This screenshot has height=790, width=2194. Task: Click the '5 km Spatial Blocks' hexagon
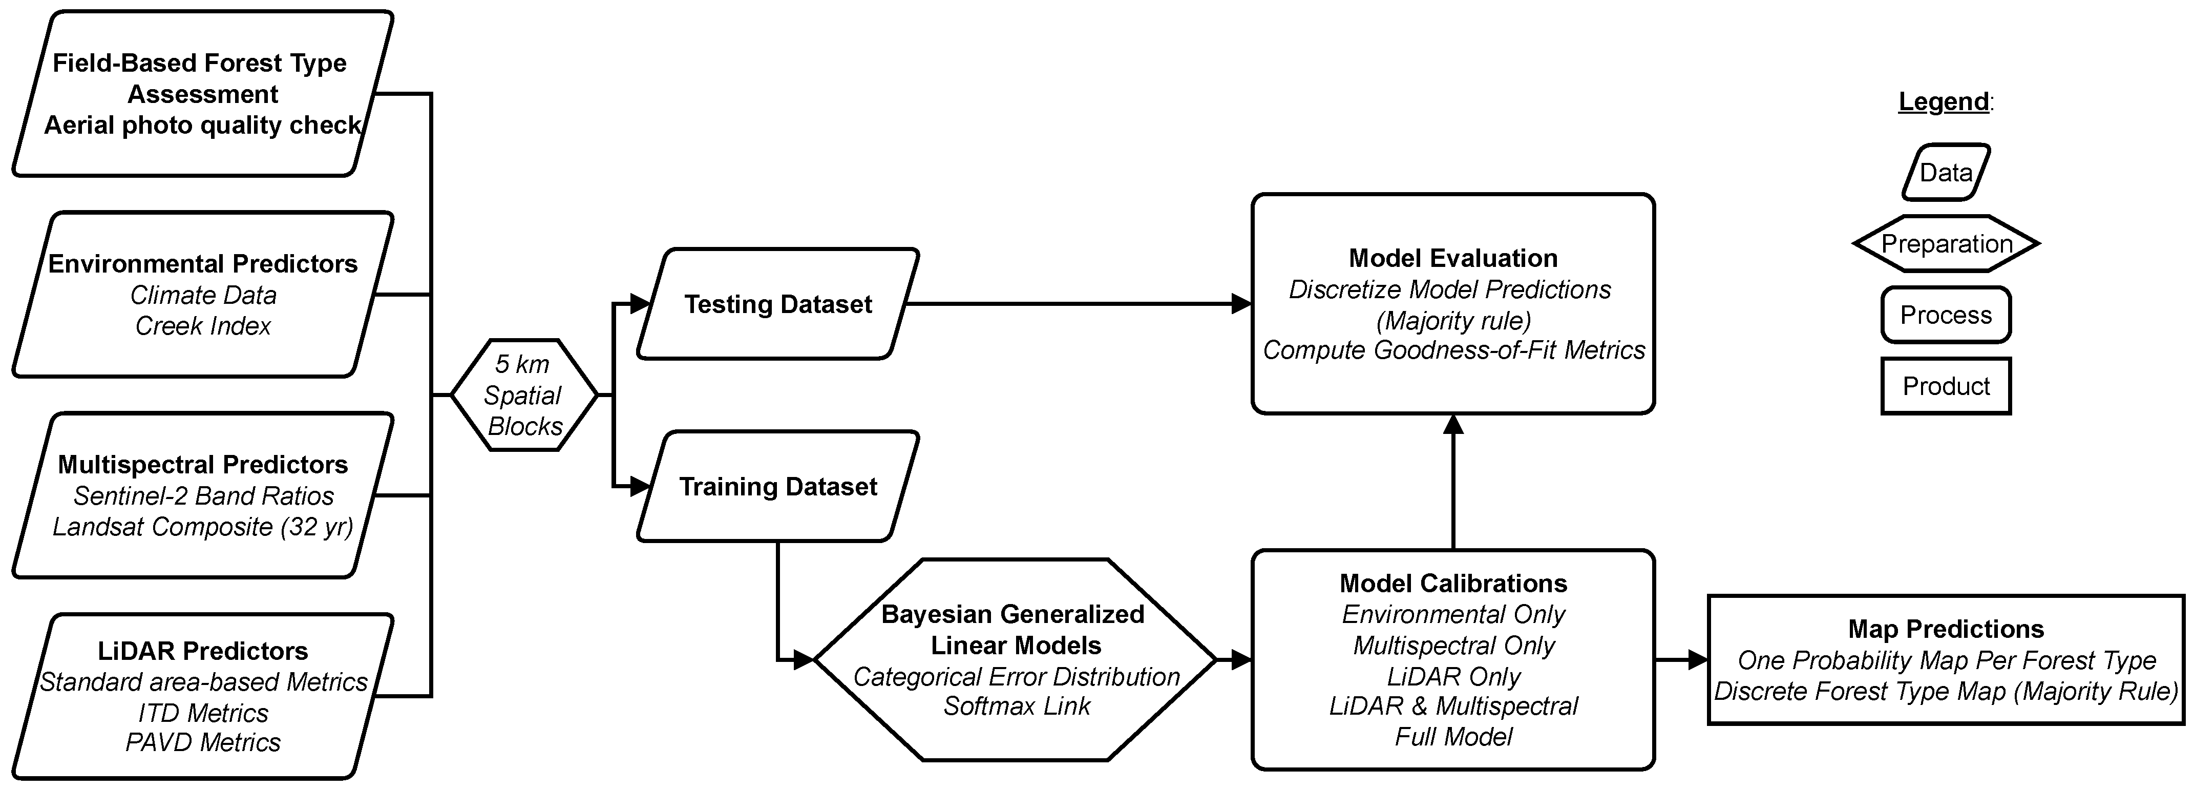point(523,394)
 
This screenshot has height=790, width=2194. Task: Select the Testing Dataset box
point(777,304)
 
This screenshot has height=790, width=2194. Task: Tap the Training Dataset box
point(777,487)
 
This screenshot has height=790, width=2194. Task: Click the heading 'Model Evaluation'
point(1453,258)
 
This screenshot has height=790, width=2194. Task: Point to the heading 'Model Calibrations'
point(1453,583)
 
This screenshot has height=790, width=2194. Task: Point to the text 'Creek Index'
point(203,325)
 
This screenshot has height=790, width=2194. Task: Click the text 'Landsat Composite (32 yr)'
point(203,527)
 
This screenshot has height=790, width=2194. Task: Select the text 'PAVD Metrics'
point(203,742)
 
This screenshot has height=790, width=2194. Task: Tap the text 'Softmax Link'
point(1016,705)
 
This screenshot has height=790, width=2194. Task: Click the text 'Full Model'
point(1453,736)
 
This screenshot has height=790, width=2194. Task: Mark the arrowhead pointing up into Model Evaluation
point(1453,424)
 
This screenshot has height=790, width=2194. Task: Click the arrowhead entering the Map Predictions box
point(1697,659)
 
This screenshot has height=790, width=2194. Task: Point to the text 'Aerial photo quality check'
point(203,126)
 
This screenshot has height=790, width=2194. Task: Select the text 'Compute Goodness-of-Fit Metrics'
point(1453,350)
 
